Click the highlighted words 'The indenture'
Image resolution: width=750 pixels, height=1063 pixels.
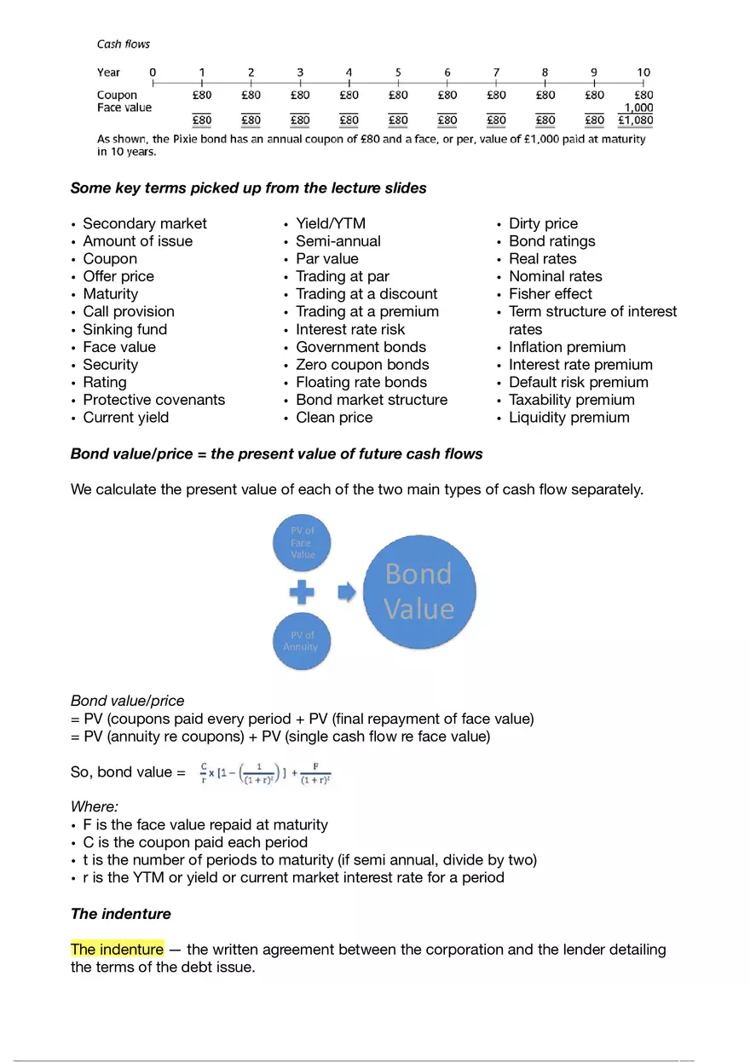[x=116, y=950]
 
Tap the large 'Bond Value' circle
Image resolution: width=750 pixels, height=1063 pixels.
[x=419, y=592]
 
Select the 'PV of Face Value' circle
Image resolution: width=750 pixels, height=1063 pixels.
[x=303, y=542]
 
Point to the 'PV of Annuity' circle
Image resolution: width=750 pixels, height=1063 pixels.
[x=300, y=640]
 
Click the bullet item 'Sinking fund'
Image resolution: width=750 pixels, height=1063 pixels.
[x=124, y=329]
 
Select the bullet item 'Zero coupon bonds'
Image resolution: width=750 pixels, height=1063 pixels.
[x=362, y=365]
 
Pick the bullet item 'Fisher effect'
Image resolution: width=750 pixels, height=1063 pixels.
[x=550, y=294]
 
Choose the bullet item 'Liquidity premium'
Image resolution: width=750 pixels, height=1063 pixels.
[x=568, y=418]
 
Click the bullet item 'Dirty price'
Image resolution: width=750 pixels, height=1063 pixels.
[x=543, y=223]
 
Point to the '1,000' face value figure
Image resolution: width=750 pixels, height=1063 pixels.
[x=638, y=108]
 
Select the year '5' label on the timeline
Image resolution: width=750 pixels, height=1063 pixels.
[x=398, y=72]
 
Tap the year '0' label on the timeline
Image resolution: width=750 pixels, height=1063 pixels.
[x=153, y=72]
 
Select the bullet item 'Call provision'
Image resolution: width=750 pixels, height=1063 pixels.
[x=128, y=312]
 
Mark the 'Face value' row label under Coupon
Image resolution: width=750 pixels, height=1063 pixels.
[x=124, y=107]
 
